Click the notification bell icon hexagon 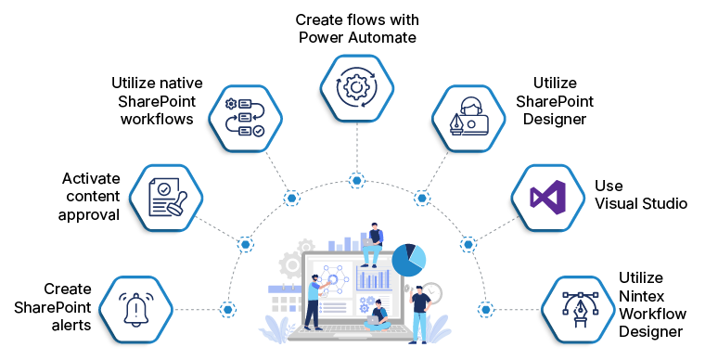coord(135,309)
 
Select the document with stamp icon coord(165,198)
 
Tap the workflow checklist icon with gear coord(244,118)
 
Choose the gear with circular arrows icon coord(356,87)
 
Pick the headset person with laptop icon coord(468,118)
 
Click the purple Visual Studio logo coord(547,198)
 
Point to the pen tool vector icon coord(579,309)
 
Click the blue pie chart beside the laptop coord(409,260)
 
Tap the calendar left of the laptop coord(284,299)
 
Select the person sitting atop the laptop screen coord(373,243)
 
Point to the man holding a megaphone coord(419,311)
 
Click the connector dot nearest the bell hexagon coord(227,309)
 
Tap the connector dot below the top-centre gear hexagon coord(357,180)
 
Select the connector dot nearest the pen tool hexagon coord(486,309)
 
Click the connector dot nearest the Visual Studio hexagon coord(468,244)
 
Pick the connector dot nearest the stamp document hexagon coord(245,244)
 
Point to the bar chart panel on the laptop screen coord(375,278)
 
